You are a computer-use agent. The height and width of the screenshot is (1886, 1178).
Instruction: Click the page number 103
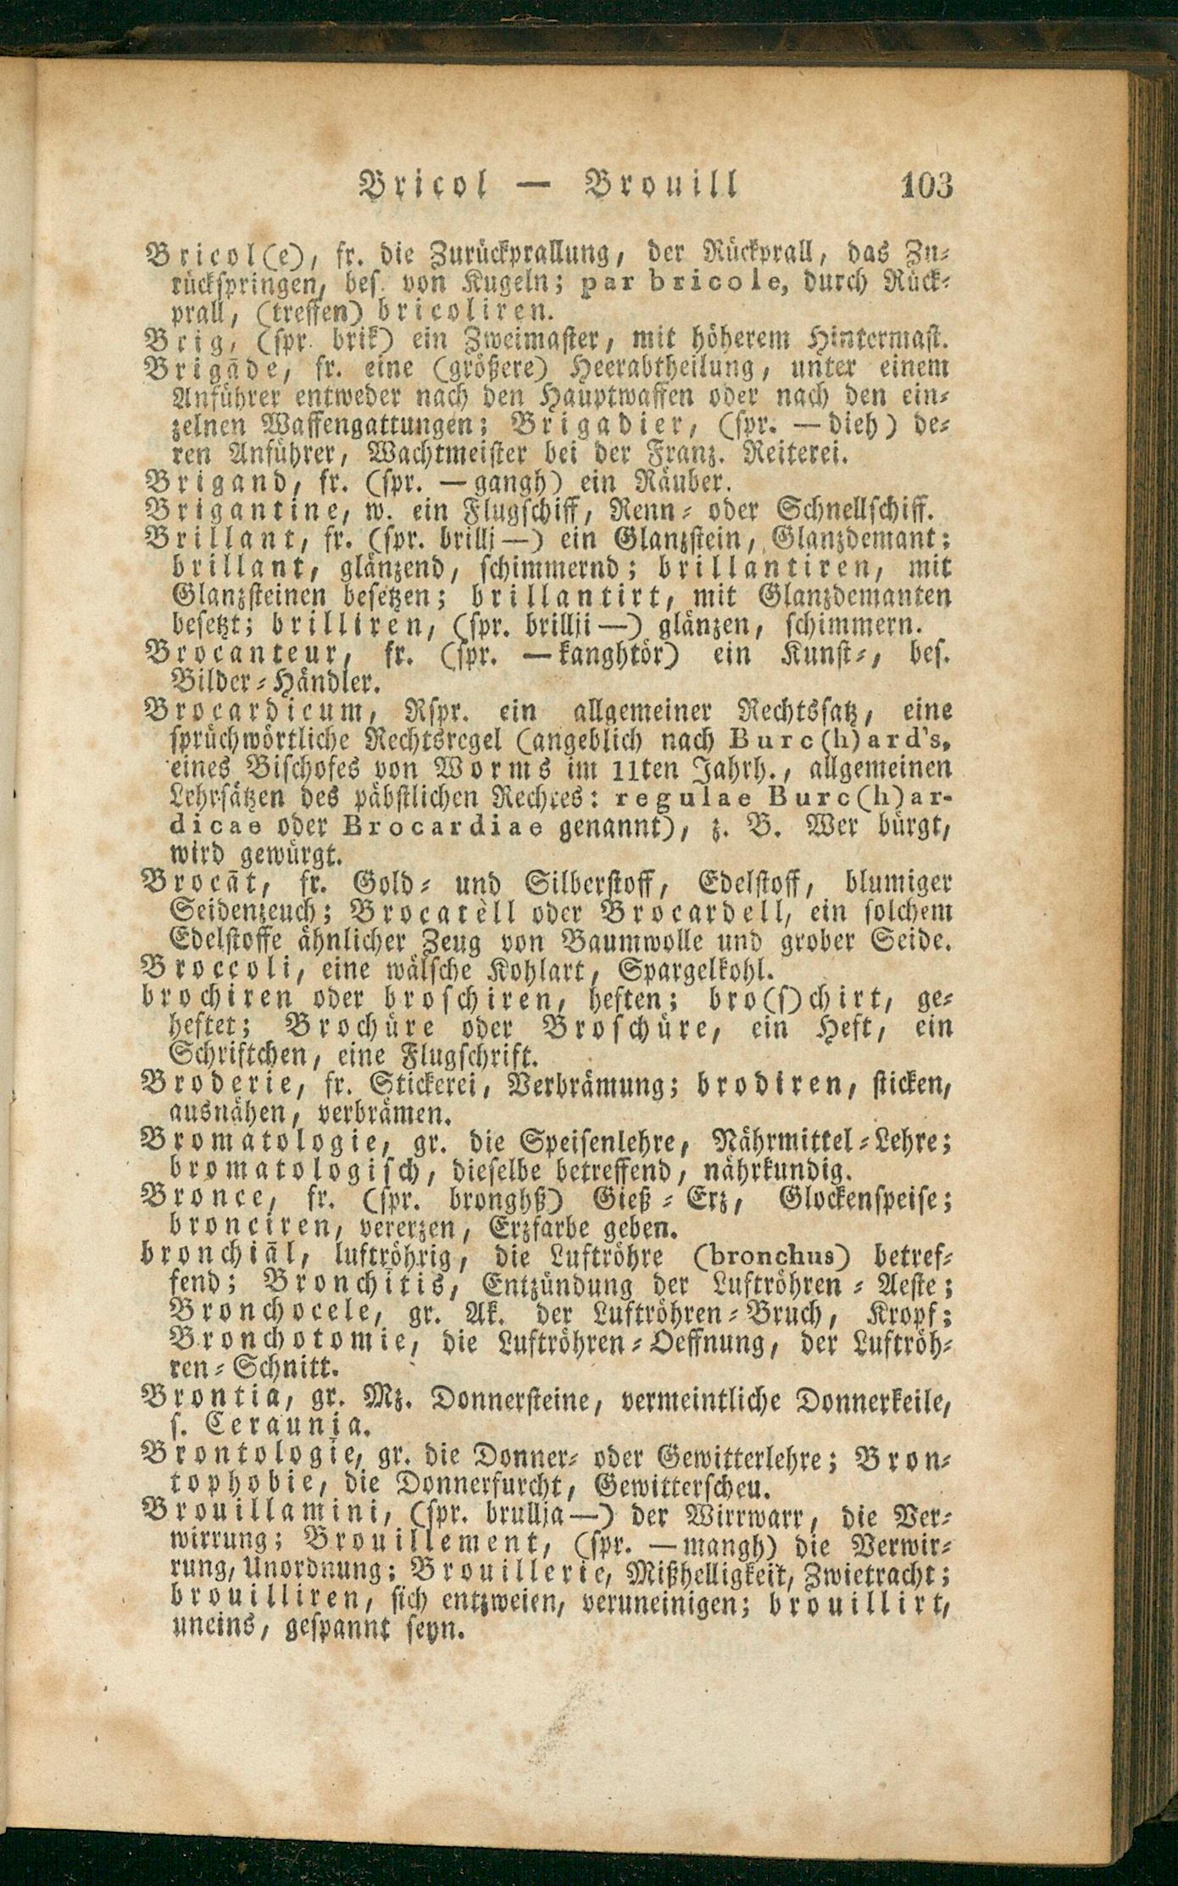[927, 184]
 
